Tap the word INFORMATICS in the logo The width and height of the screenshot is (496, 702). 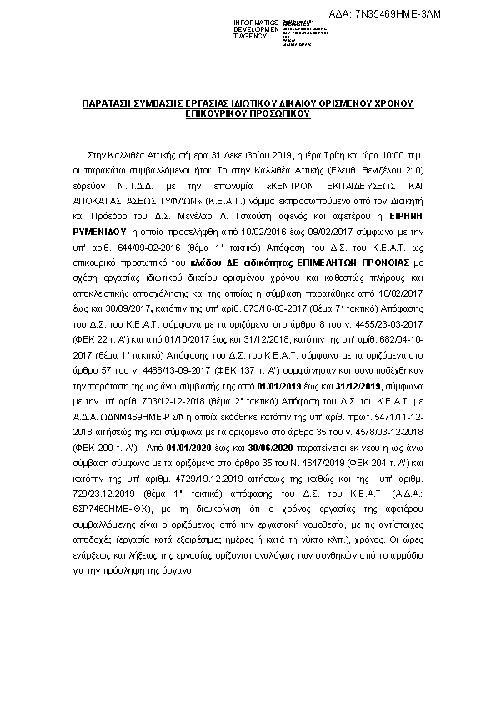(x=255, y=22)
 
